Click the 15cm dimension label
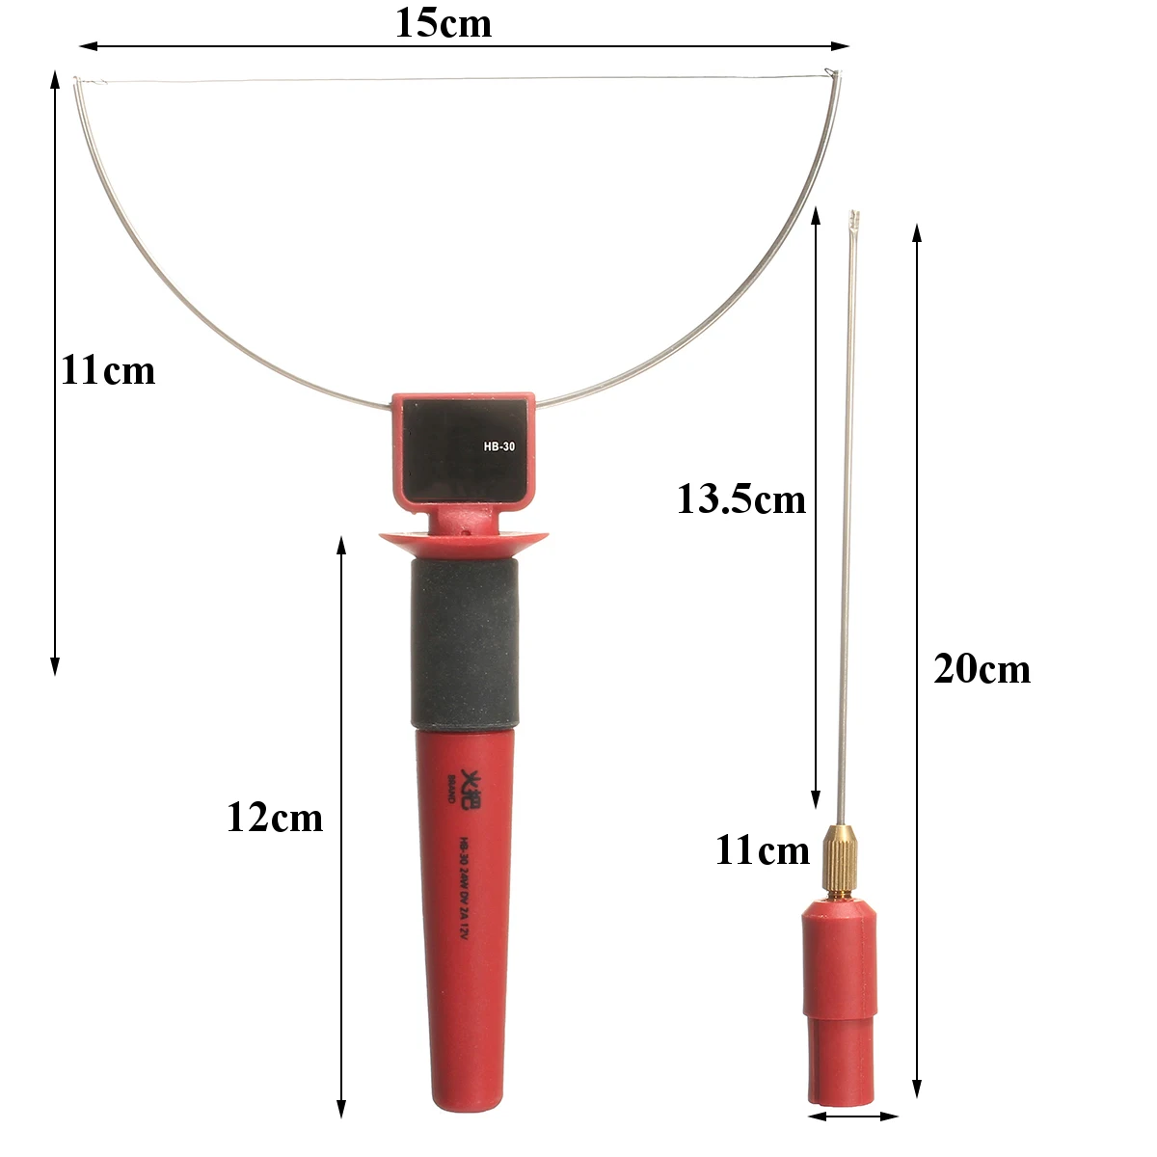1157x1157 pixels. pyautogui.click(x=444, y=23)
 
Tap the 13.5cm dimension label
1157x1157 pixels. pyautogui.click(x=740, y=499)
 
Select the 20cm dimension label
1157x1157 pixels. pyautogui.click(x=982, y=669)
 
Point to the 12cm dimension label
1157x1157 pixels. pyautogui.click(x=275, y=818)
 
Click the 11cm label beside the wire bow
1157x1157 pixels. pyautogui.click(x=108, y=370)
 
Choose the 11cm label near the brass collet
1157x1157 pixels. pyautogui.click(x=762, y=850)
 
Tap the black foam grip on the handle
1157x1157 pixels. pyautogui.click(x=464, y=644)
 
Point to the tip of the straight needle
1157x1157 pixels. pyautogui.click(x=853, y=214)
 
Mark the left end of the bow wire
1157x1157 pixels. pyautogui.click(x=77, y=81)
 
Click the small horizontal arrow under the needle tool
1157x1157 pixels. pyautogui.click(x=852, y=1117)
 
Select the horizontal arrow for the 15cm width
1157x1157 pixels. pyautogui.click(x=463, y=45)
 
